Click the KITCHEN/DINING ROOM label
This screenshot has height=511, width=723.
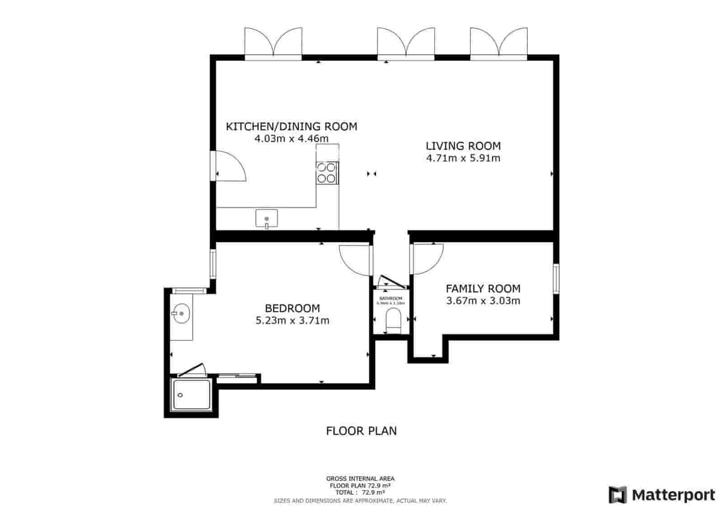pyautogui.click(x=291, y=126)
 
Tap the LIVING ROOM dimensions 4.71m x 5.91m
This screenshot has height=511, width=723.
pyautogui.click(x=463, y=158)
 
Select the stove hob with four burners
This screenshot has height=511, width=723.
pyautogui.click(x=327, y=172)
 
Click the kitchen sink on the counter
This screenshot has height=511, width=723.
pyautogui.click(x=267, y=218)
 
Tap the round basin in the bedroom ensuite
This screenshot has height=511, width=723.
pyautogui.click(x=182, y=313)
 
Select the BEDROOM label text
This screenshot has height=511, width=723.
pyautogui.click(x=292, y=308)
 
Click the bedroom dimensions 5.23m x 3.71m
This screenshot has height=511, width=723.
pyautogui.click(x=292, y=321)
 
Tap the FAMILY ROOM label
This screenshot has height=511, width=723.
pyautogui.click(x=483, y=288)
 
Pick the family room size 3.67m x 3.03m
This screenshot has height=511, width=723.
pyautogui.click(x=483, y=301)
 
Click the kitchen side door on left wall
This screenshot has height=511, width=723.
pyautogui.click(x=230, y=166)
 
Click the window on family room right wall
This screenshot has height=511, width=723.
pyautogui.click(x=556, y=279)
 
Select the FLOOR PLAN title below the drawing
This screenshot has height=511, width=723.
pyautogui.click(x=361, y=431)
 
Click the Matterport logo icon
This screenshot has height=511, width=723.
pyautogui.click(x=617, y=495)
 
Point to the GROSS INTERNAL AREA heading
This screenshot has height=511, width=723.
pyautogui.click(x=360, y=478)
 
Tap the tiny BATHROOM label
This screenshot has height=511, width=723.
pyautogui.click(x=390, y=298)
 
